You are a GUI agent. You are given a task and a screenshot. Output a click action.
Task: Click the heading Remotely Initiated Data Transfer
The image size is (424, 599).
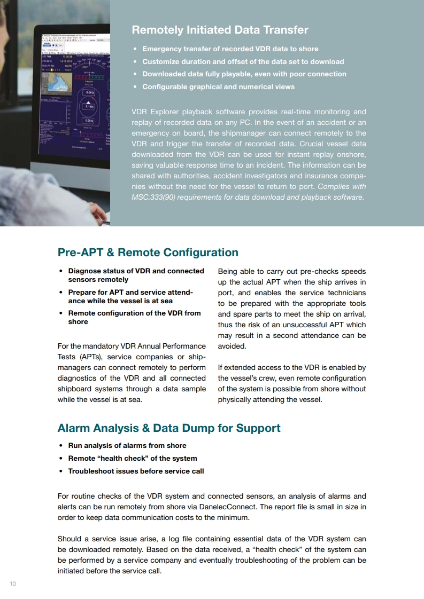220,30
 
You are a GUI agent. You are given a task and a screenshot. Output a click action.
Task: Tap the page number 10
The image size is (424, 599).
13,584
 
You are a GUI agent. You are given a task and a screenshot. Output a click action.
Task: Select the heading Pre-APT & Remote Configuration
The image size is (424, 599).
148,253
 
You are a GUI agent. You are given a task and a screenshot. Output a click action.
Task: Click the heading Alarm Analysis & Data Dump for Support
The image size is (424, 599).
168,428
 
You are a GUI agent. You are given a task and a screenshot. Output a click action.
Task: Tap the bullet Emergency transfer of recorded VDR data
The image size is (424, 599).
230,49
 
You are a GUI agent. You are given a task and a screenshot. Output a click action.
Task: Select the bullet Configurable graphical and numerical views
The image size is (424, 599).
218,86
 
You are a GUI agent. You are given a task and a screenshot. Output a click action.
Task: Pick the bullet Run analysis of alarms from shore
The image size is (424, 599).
127,445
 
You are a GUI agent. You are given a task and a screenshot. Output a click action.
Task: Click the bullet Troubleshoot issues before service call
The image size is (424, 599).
136,471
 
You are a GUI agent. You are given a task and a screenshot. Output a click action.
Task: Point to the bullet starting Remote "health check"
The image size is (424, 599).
132,458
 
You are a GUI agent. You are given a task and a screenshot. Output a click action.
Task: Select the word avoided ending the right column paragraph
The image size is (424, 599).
232,346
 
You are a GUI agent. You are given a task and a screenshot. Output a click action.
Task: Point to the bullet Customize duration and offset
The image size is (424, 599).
243,61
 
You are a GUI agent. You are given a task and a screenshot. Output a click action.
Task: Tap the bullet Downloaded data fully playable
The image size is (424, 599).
244,74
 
